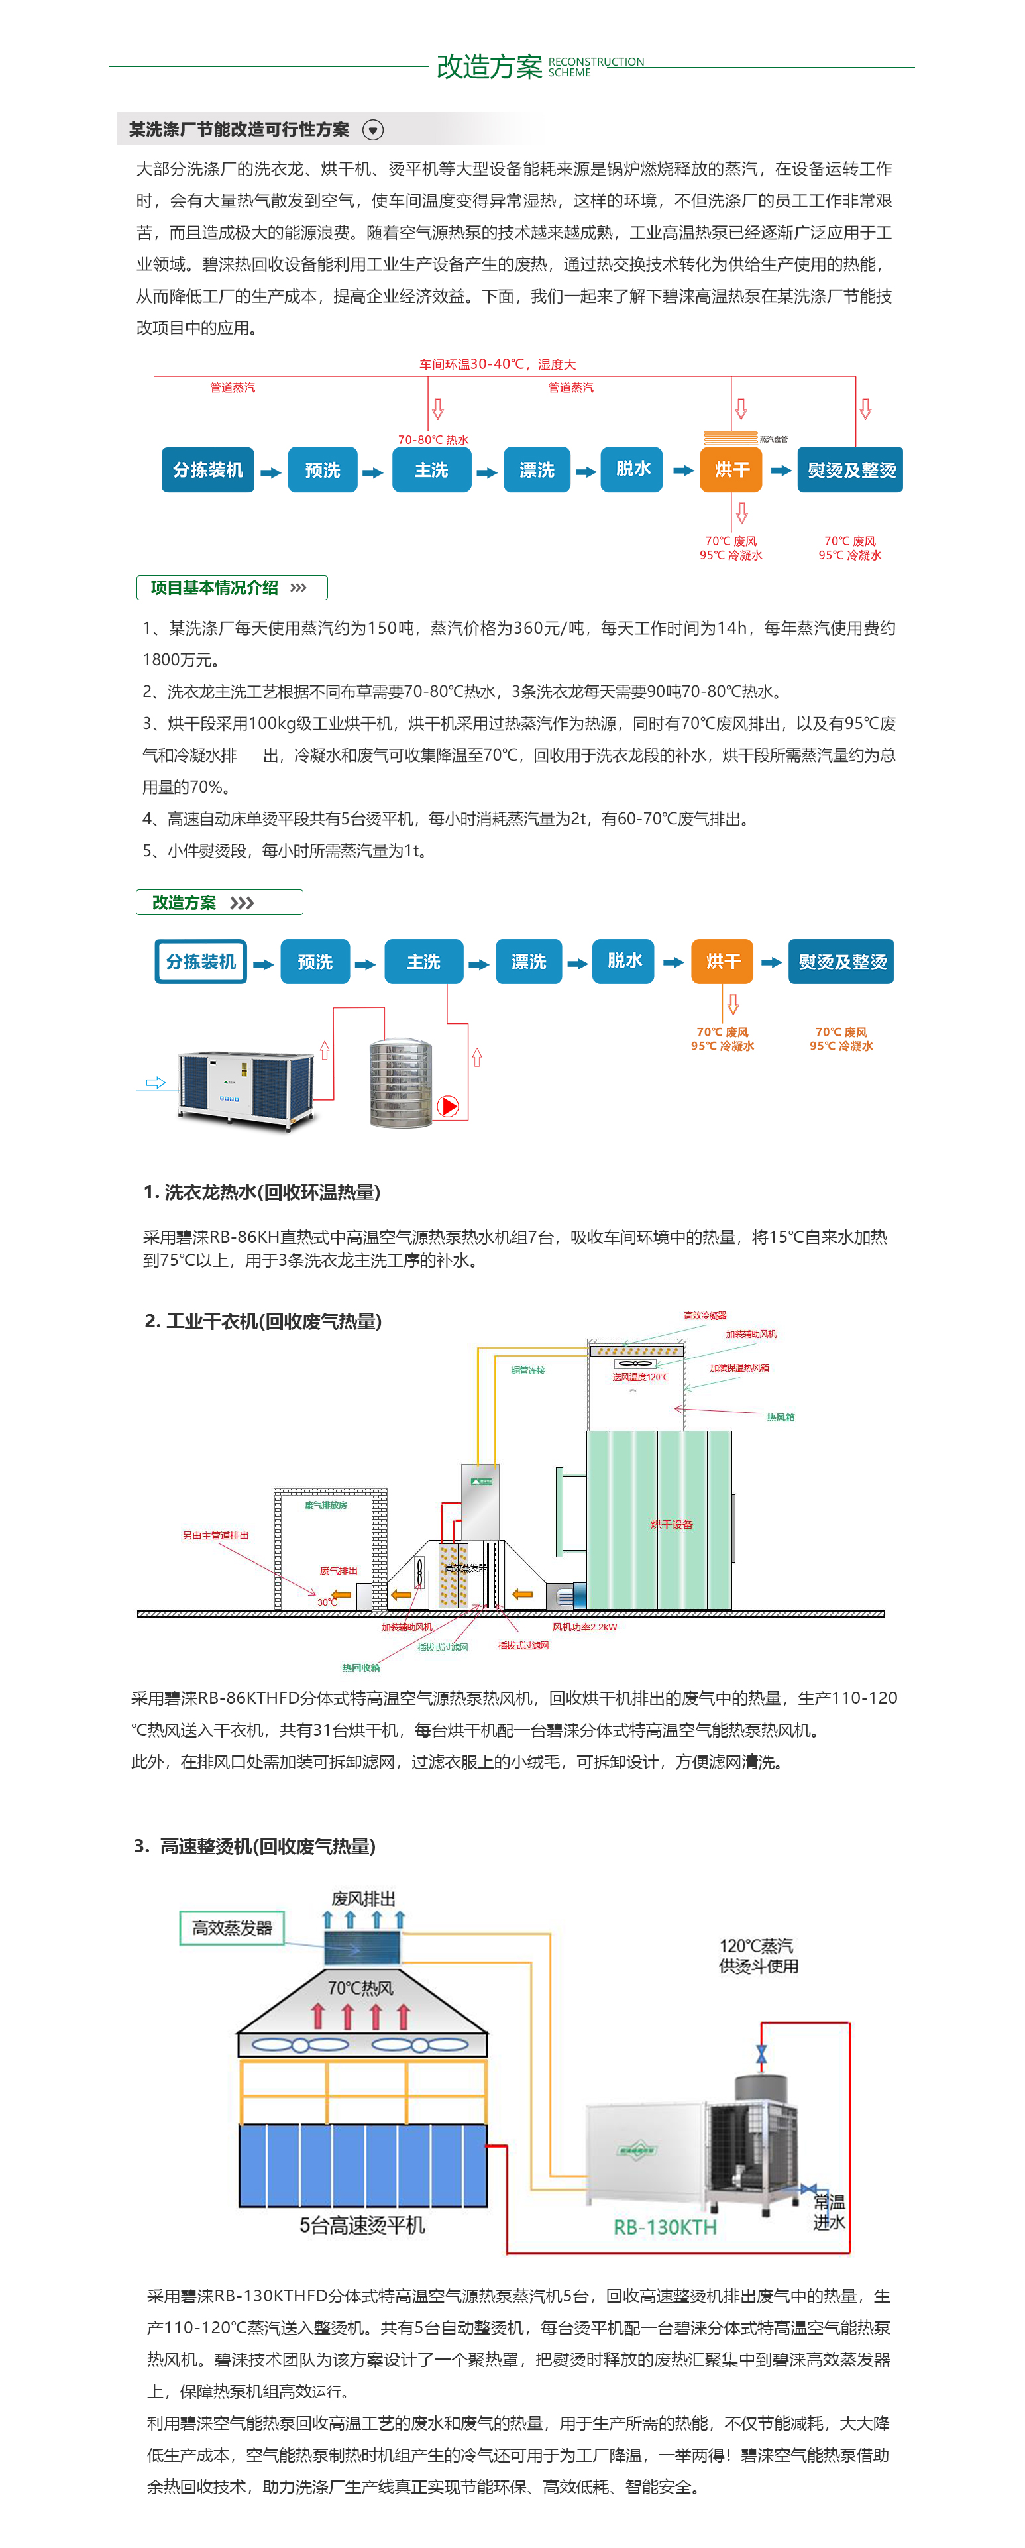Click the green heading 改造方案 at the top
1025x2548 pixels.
[489, 66]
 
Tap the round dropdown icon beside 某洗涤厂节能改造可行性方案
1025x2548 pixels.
[373, 130]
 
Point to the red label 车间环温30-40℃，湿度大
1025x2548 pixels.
[497, 364]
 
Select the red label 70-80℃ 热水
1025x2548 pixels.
[433, 439]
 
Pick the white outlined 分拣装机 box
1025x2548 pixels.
[201, 962]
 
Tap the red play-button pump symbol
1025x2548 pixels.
[448, 1106]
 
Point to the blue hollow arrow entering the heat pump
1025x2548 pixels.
[155, 1082]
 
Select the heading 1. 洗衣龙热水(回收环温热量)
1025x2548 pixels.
[262, 1192]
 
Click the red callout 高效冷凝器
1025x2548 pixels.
[704, 1315]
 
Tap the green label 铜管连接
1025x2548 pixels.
[528, 1371]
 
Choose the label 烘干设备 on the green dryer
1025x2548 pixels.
[672, 1524]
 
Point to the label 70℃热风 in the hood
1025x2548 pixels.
[360, 1988]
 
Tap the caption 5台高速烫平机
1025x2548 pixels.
[362, 2225]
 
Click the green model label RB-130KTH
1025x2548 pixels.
[665, 2227]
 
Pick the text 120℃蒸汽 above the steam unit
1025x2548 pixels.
[756, 1946]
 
